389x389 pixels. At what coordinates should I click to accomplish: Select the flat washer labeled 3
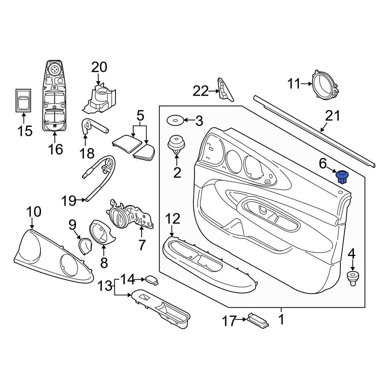click(175, 121)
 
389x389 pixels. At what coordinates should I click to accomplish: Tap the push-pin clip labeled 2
click(176, 145)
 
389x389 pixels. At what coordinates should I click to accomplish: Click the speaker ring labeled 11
click(326, 86)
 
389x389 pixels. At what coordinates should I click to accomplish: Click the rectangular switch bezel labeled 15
click(23, 100)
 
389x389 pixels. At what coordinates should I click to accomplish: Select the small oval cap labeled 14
click(152, 280)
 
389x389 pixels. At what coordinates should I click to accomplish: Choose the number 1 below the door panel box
click(281, 319)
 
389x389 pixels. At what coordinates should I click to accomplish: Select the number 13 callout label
click(105, 286)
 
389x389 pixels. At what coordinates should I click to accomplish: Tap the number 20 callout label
click(99, 67)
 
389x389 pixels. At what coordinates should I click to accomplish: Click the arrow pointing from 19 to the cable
click(81, 200)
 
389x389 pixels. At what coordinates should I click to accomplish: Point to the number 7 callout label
click(142, 245)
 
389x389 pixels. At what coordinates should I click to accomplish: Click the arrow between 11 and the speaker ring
click(307, 84)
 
